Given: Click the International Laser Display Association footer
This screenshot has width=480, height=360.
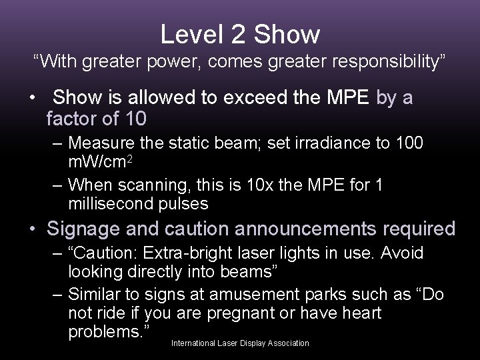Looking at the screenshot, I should (x=240, y=343).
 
